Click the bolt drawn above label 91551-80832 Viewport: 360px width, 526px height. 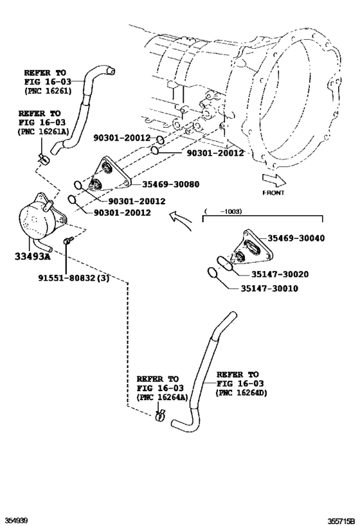point(67,241)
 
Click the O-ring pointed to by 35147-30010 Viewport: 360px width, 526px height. point(213,273)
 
